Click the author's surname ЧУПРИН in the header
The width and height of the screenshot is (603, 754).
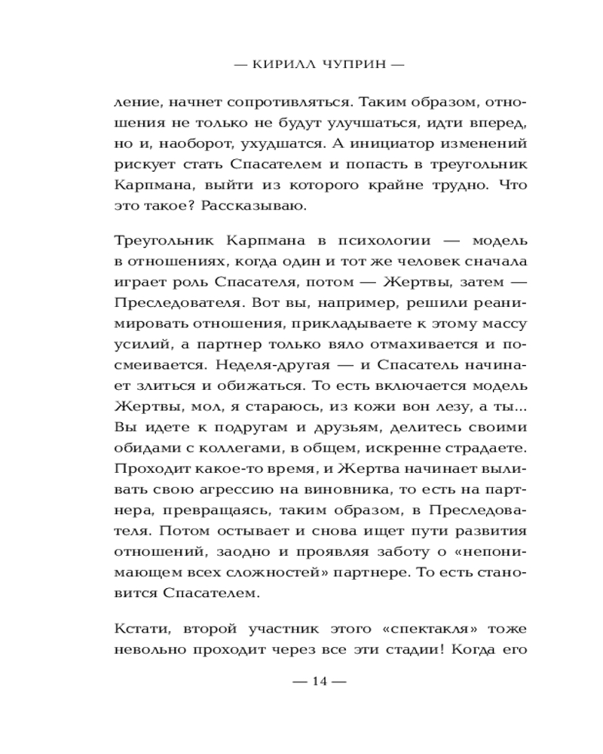pyautogui.click(x=347, y=65)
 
